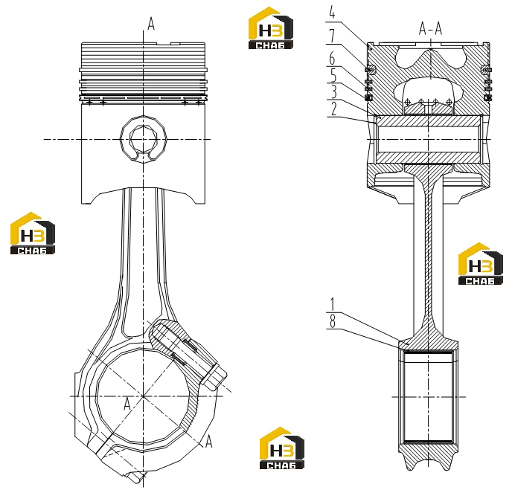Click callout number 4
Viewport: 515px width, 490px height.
tap(332, 13)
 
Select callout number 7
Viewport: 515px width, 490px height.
tap(332, 36)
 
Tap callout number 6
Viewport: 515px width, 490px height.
tap(332, 59)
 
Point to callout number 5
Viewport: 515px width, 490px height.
tap(333, 75)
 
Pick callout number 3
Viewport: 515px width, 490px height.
tap(333, 92)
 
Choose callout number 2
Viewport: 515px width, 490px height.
tap(333, 109)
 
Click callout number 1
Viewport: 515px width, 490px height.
tap(333, 305)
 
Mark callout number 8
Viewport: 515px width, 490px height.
tap(333, 322)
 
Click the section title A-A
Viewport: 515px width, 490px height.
tap(430, 28)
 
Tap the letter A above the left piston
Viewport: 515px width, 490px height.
tap(151, 24)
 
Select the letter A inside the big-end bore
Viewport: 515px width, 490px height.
tap(127, 404)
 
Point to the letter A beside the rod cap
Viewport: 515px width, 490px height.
tap(208, 442)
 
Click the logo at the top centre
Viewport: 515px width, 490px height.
tap(271, 28)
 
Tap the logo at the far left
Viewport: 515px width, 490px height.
tap(33, 233)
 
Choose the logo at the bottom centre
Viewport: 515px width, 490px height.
tap(282, 448)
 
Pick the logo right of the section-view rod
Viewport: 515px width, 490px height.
tap(481, 263)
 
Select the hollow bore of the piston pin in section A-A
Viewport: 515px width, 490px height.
tap(429, 140)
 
